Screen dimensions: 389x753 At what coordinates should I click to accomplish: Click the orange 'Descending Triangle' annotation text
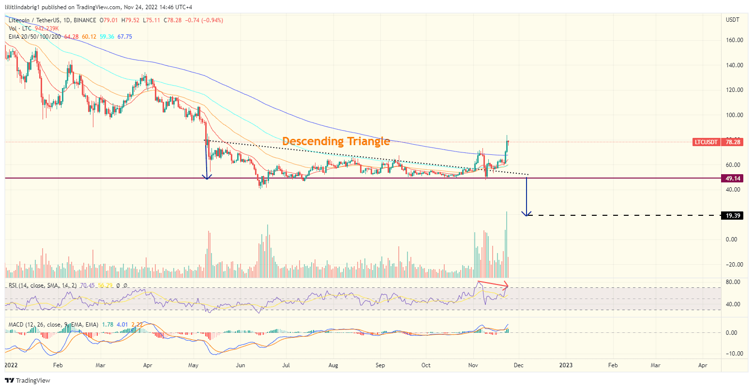336,141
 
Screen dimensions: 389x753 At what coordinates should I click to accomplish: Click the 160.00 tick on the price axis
735,40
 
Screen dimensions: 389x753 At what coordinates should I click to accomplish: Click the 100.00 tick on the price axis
735,115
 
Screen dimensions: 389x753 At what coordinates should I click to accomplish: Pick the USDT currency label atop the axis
733,20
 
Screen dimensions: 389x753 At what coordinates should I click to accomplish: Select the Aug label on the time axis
333,365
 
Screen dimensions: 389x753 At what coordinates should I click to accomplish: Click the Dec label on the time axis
518,365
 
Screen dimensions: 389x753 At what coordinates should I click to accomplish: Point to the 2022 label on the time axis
12,365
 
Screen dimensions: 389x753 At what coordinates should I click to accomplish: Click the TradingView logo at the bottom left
28,380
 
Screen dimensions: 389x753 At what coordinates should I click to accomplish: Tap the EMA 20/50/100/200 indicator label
35,37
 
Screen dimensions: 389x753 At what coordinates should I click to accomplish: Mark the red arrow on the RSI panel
493,283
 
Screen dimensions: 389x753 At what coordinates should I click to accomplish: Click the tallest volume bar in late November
506,237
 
